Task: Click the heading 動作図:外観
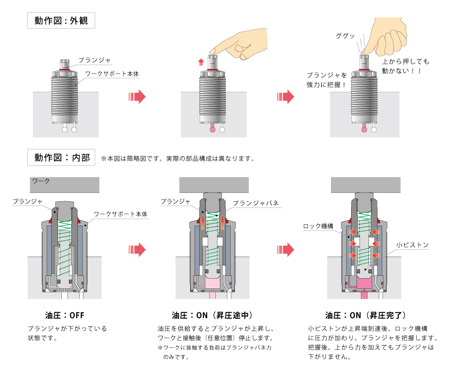pyautogui.click(x=61, y=21)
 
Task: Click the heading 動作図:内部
pyautogui.click(x=61, y=157)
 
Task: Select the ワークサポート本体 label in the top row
pyautogui.click(x=112, y=74)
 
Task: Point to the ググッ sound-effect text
pyautogui.click(x=345, y=36)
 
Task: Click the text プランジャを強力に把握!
pyautogui.click(x=326, y=80)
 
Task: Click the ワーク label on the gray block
pyautogui.click(x=41, y=180)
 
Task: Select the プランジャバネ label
pyautogui.click(x=256, y=203)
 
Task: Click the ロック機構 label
pyautogui.click(x=318, y=226)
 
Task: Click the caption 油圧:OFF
pyautogui.click(x=64, y=315)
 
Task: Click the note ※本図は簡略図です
pyautogui.click(x=178, y=158)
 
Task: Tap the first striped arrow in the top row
pyautogui.click(x=136, y=97)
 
